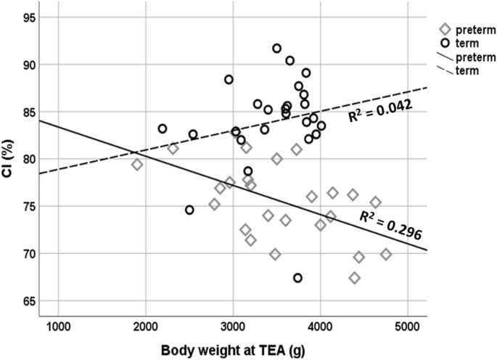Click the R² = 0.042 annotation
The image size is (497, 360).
pos(380,110)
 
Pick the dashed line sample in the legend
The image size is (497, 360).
pos(444,70)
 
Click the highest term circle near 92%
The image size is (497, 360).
pos(276,49)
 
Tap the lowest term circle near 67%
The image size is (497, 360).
pos(297,278)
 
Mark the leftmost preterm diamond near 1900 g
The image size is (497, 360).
pos(137,165)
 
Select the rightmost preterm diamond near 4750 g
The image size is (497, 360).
pos(386,254)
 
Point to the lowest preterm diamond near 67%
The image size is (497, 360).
pos(354,278)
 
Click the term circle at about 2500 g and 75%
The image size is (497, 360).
pos(189,210)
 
